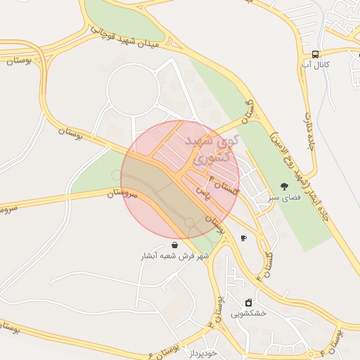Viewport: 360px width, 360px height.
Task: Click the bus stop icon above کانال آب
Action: pyautogui.click(x=316, y=53)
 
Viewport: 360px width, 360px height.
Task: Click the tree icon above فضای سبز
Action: pyautogui.click(x=284, y=187)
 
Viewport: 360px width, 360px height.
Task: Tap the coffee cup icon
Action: pyautogui.click(x=243, y=238)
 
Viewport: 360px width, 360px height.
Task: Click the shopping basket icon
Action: pyautogui.click(x=174, y=245)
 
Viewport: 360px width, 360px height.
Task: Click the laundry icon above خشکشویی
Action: pyautogui.click(x=248, y=302)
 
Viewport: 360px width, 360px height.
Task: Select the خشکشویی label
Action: pyautogui.click(x=253, y=314)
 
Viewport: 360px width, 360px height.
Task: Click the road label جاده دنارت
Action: pyautogui.click(x=310, y=131)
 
